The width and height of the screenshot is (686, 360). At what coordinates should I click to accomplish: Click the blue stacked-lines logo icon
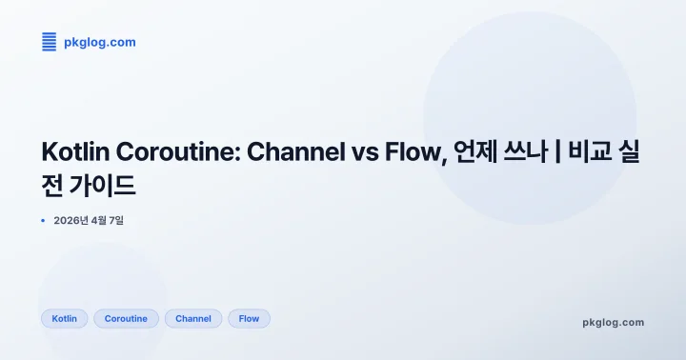point(50,42)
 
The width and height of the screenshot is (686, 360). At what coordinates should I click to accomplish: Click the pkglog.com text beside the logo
point(99,42)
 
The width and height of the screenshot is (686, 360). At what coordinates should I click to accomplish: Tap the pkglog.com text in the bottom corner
point(613,322)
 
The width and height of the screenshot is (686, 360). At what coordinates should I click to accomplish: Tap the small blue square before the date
point(44,221)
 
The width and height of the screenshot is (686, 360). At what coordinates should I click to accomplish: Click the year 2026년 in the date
point(72,221)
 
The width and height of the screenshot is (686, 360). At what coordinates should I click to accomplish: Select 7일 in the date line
point(115,221)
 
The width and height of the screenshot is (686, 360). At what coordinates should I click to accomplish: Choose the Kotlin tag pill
point(65,318)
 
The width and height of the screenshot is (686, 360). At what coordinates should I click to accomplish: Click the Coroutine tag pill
point(126,318)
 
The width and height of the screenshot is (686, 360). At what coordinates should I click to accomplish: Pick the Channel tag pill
point(193,318)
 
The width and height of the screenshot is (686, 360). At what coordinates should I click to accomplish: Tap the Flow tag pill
point(249,318)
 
